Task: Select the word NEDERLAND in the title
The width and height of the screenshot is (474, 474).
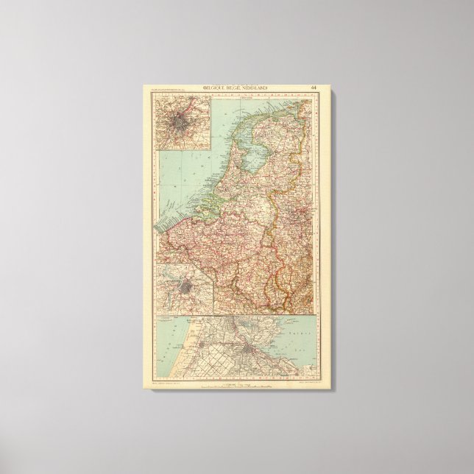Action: [254, 88]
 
